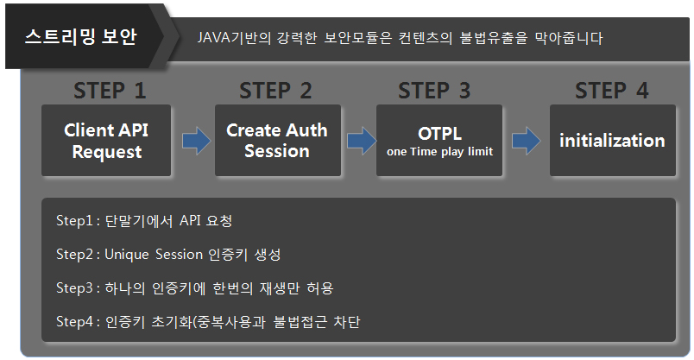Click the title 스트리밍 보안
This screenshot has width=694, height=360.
[81, 37]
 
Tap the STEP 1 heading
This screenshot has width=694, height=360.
[110, 91]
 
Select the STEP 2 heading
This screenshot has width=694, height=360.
[275, 91]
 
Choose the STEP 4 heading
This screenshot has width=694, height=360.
[611, 91]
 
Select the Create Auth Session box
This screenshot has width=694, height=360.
[277, 141]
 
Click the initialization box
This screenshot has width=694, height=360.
[612, 141]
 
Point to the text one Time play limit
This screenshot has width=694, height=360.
[439, 153]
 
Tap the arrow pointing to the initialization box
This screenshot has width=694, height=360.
[526, 141]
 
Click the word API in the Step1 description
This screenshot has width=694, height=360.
[190, 222]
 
